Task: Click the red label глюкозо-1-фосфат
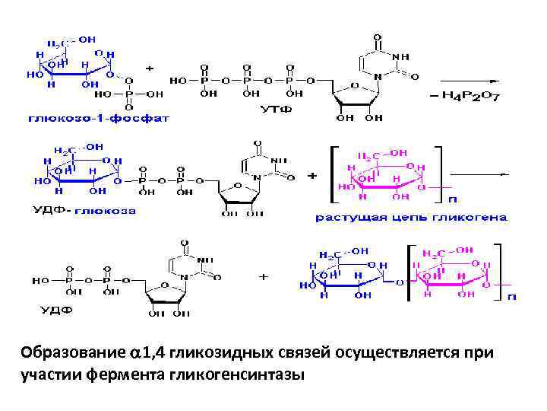99,118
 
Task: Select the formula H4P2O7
466,96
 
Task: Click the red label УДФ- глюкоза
84,210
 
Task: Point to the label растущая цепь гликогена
411,217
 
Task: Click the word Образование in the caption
71,353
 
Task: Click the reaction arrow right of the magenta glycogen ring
479,174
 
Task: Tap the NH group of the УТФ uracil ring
401,56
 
